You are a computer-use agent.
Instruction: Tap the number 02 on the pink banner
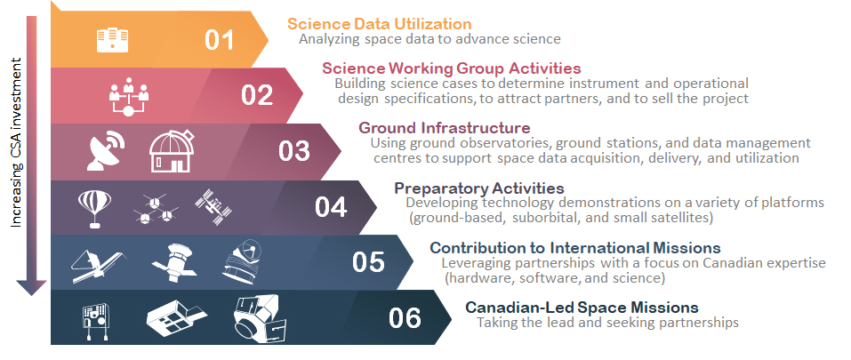click(x=257, y=94)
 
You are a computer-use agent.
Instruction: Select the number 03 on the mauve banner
click(x=293, y=150)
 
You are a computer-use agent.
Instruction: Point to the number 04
click(x=331, y=206)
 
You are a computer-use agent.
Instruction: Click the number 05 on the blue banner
click(x=368, y=262)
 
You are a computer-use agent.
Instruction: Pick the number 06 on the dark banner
click(x=405, y=317)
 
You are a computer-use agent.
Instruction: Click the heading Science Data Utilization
click(x=379, y=23)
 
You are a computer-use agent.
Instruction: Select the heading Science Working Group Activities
click(x=452, y=68)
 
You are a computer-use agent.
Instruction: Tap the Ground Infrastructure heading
click(x=444, y=127)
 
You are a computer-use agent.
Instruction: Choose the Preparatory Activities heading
click(x=478, y=188)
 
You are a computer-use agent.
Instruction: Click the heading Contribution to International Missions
click(x=574, y=247)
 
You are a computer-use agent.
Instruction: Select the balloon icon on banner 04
click(x=95, y=207)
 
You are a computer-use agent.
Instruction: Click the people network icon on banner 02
click(x=131, y=95)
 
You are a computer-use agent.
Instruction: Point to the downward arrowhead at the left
click(x=32, y=286)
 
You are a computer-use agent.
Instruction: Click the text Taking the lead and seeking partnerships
click(x=607, y=323)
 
